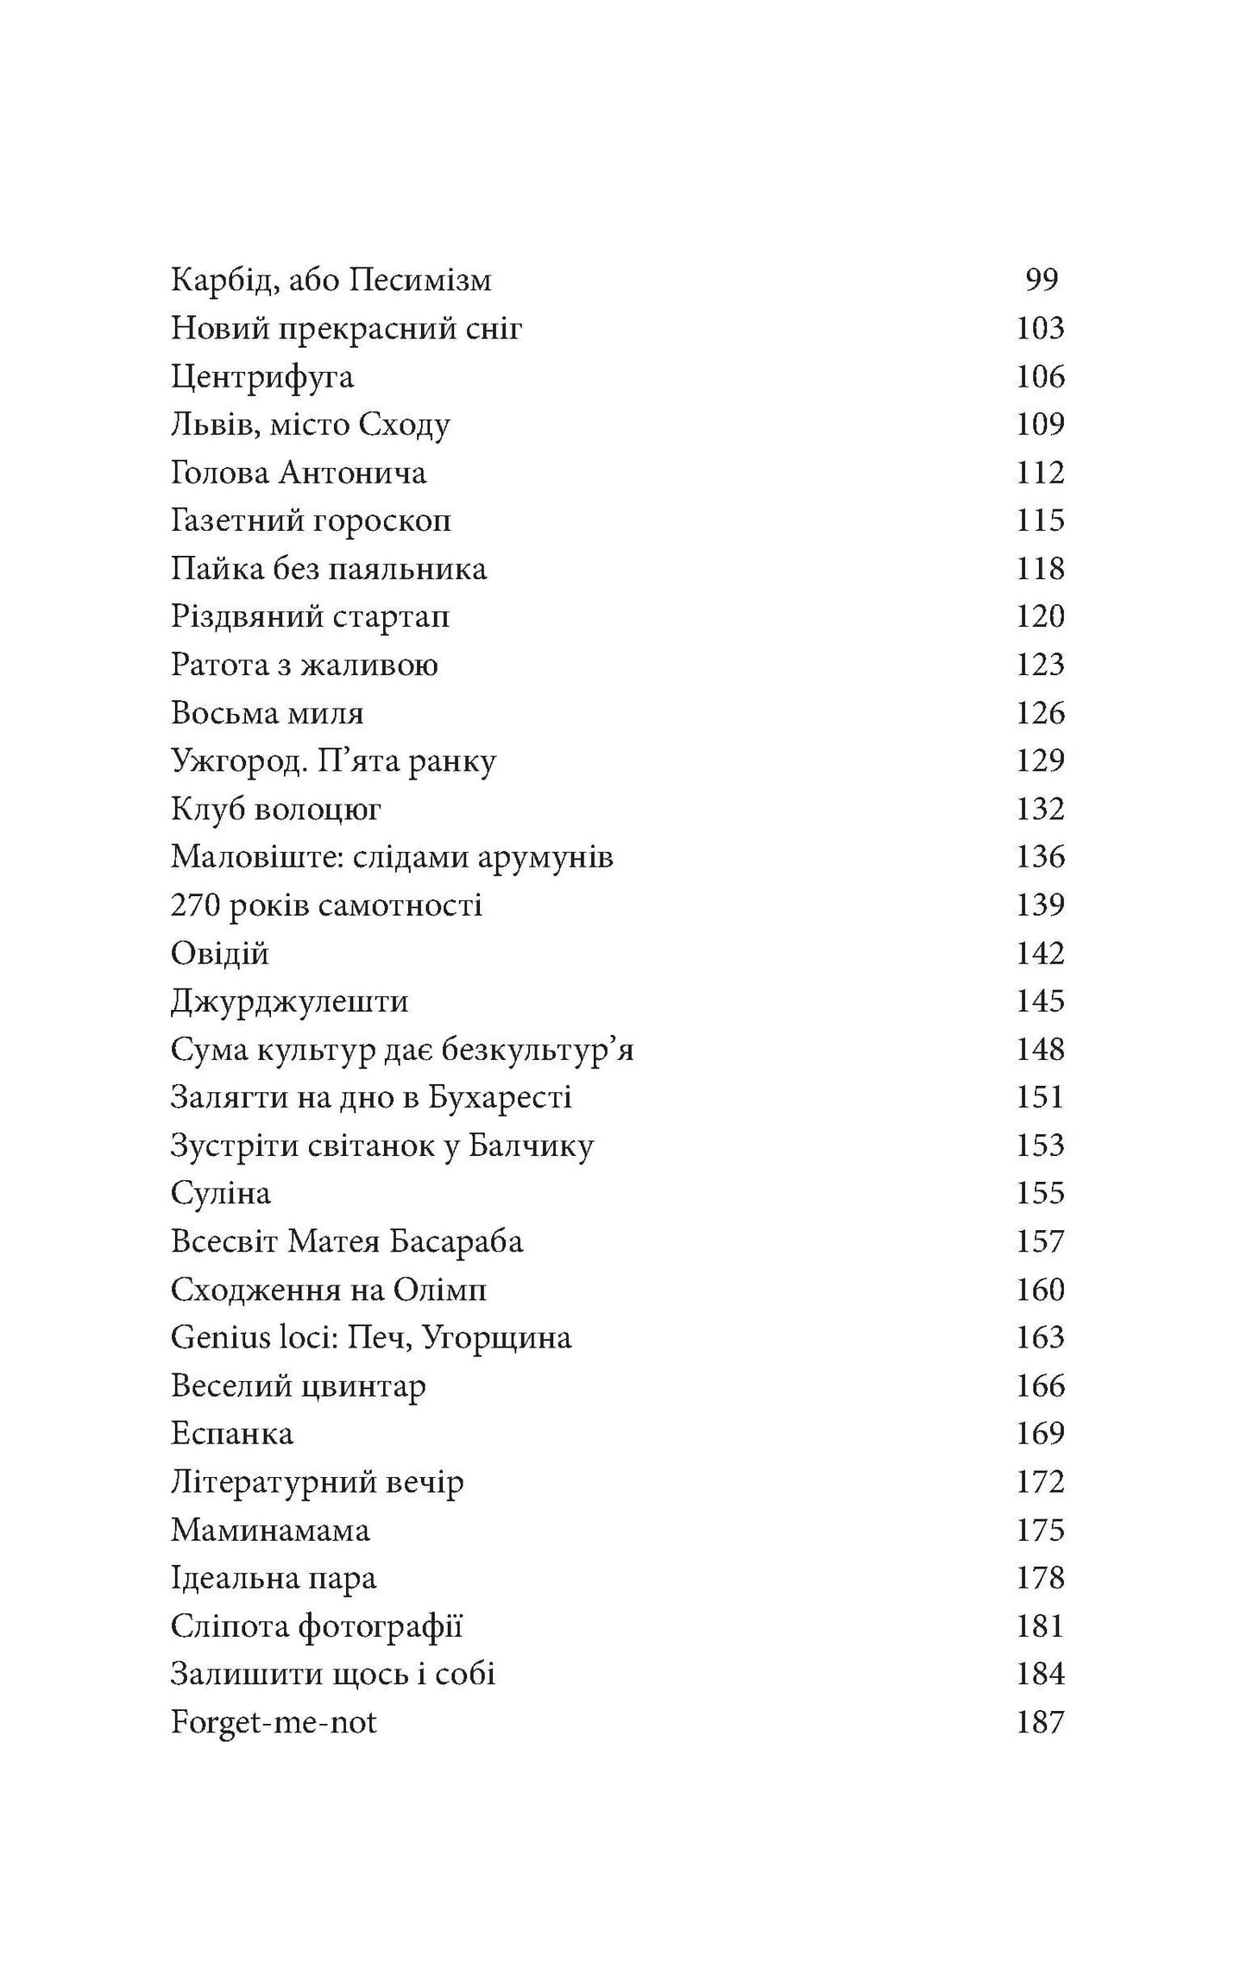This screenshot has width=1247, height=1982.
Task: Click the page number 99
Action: tap(1041, 280)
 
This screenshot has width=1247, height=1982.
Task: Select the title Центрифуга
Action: tap(262, 377)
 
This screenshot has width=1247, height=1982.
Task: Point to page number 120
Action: tap(1040, 616)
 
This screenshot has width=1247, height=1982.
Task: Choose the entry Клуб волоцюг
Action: tap(276, 810)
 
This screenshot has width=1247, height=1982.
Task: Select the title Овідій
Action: tap(220, 954)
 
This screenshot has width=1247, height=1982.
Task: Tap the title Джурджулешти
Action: tap(289, 1001)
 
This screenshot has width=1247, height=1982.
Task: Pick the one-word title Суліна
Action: tap(221, 1194)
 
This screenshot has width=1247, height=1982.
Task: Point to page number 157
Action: tap(1040, 1242)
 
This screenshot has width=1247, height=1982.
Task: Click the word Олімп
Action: tap(440, 1291)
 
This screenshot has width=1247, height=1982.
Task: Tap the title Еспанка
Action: tap(232, 1434)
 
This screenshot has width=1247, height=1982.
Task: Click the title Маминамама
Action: tap(270, 1531)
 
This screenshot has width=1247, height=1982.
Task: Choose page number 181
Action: tap(1040, 1626)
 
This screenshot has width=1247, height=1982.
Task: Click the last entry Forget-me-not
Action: tap(274, 1723)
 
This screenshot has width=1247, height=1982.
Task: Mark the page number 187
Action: tap(1040, 1723)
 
